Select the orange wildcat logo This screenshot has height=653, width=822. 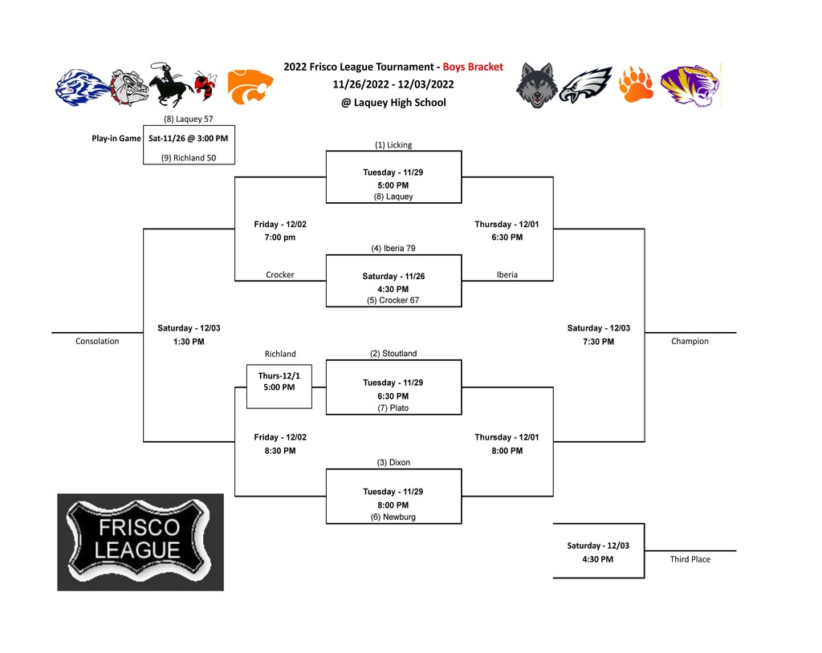[x=250, y=87]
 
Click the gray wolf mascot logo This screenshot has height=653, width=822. [x=535, y=85]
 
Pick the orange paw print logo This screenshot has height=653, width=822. [x=636, y=84]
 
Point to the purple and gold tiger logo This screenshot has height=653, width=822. [x=690, y=86]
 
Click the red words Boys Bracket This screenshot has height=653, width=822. [x=473, y=67]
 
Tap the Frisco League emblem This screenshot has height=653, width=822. [x=140, y=542]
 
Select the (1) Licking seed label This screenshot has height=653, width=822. [x=393, y=144]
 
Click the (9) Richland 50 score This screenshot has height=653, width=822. [x=189, y=158]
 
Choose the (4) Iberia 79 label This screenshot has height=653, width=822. [x=393, y=248]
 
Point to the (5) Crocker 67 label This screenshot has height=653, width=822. [x=393, y=300]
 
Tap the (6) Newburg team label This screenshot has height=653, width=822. [x=393, y=517]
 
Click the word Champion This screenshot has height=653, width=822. [x=690, y=341]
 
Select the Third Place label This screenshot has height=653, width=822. [x=690, y=559]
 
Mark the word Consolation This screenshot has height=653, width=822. [x=97, y=341]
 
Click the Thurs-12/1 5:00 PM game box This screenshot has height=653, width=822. [x=279, y=387]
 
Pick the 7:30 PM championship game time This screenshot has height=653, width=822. [x=599, y=342]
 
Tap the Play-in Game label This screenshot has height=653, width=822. [x=116, y=138]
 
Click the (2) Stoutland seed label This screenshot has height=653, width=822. [x=393, y=353]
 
